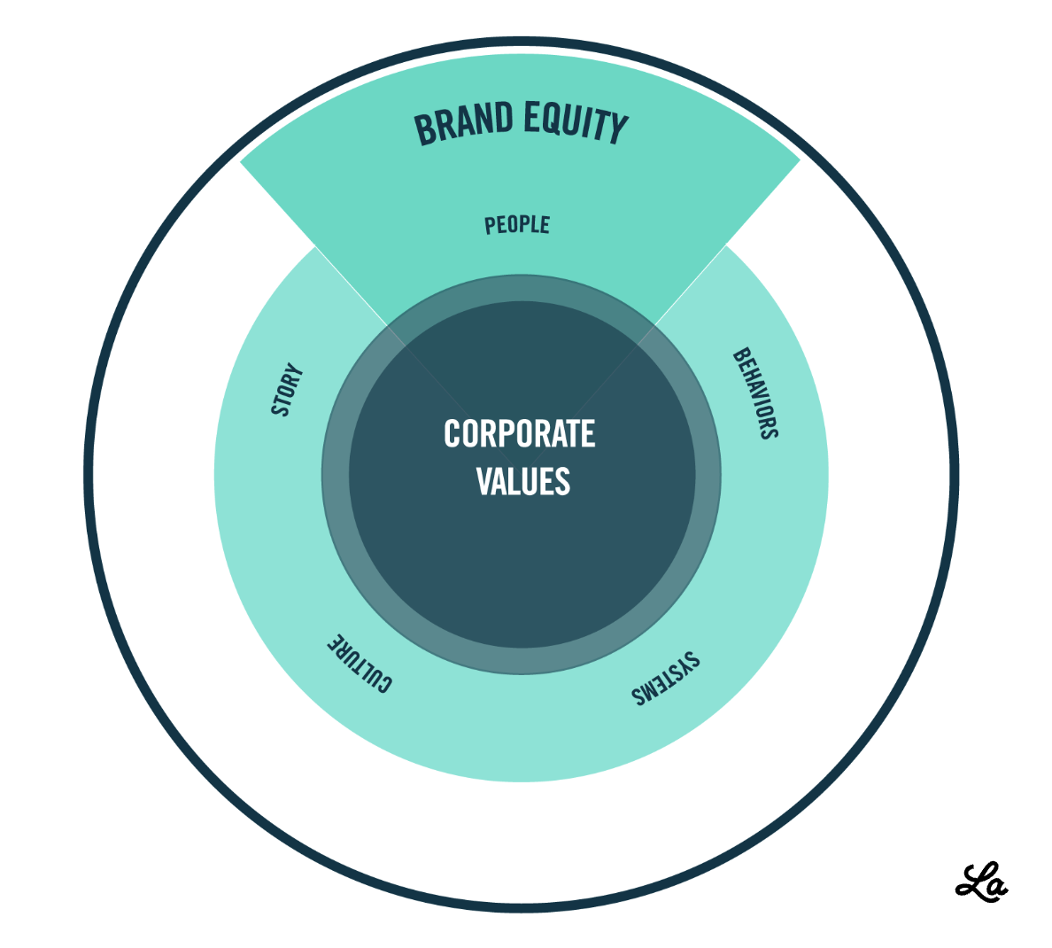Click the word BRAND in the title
(463, 123)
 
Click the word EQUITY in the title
(576, 122)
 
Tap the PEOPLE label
(517, 225)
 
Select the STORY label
(287, 389)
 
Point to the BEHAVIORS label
(755, 393)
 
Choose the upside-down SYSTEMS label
(665, 679)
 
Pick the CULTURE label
(359, 664)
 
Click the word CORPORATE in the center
(520, 434)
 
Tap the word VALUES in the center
(522, 481)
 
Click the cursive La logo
(982, 882)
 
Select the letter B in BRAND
(425, 129)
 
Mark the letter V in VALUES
(485, 481)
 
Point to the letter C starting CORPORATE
(453, 434)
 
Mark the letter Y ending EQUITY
(618, 129)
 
